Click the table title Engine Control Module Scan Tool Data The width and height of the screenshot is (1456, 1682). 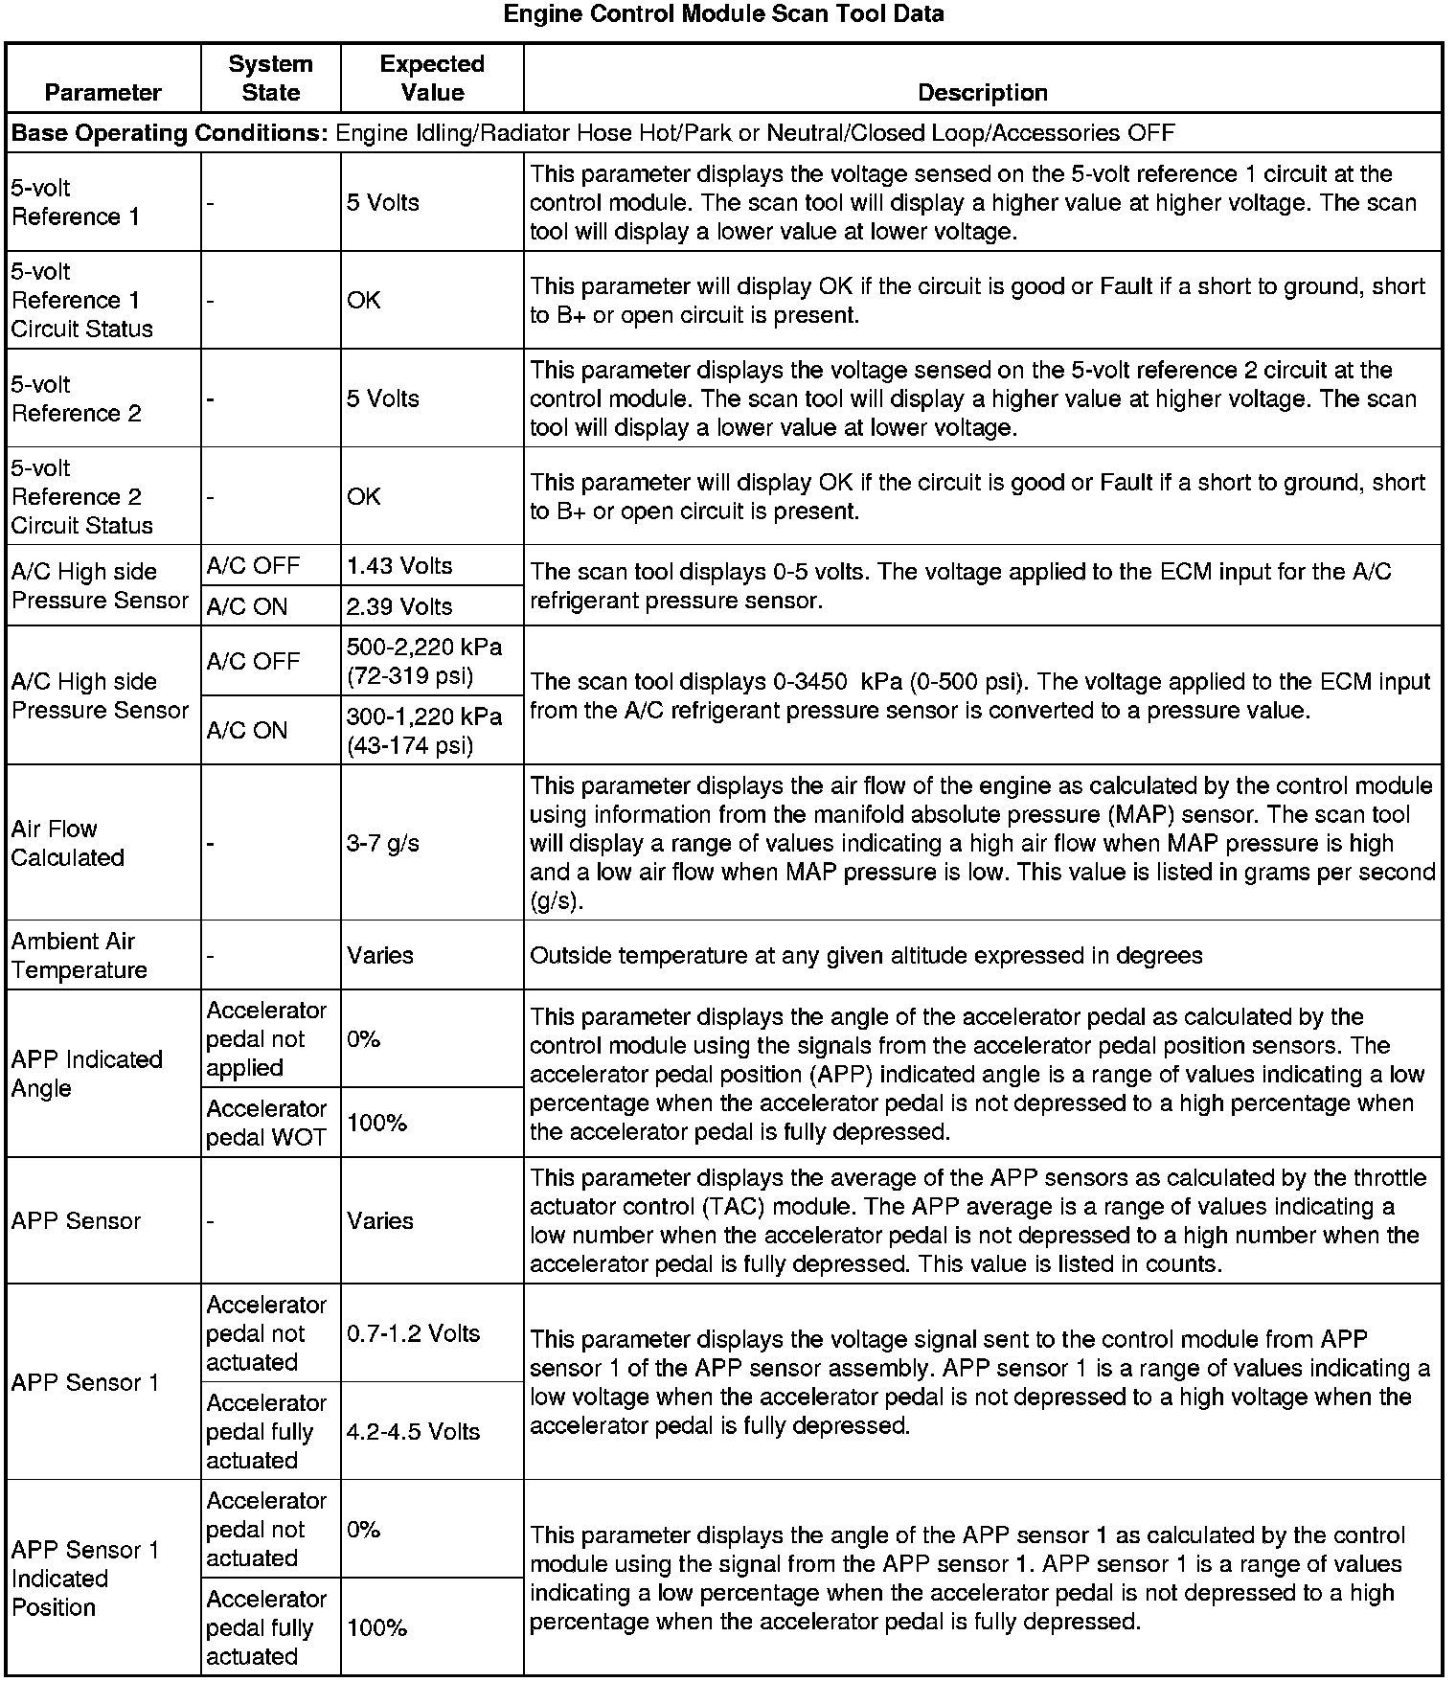pos(723,14)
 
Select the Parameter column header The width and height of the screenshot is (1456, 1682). pos(103,93)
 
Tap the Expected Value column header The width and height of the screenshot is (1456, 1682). pos(432,79)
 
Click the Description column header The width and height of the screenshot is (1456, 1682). pos(983,93)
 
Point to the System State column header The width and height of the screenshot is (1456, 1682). pos(270,79)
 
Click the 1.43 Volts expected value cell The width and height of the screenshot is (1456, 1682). pos(399,566)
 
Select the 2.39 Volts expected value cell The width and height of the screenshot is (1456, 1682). pos(399,606)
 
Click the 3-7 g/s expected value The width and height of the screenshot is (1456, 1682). pos(383,844)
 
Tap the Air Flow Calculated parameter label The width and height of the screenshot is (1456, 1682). pos(68,843)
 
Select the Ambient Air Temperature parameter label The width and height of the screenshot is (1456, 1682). pos(80,956)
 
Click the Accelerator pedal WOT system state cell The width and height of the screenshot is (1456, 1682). pos(266,1124)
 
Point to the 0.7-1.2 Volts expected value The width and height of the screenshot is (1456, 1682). pos(413,1333)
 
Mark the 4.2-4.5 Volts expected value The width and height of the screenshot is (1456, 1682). pos(413,1432)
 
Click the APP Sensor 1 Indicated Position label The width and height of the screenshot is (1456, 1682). pos(85,1579)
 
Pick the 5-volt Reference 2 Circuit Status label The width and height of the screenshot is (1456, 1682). pos(82,496)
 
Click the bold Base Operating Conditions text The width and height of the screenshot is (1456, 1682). pos(170,133)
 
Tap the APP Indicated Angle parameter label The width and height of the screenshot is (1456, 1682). pos(87,1074)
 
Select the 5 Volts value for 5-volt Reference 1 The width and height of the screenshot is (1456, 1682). pos(383,203)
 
